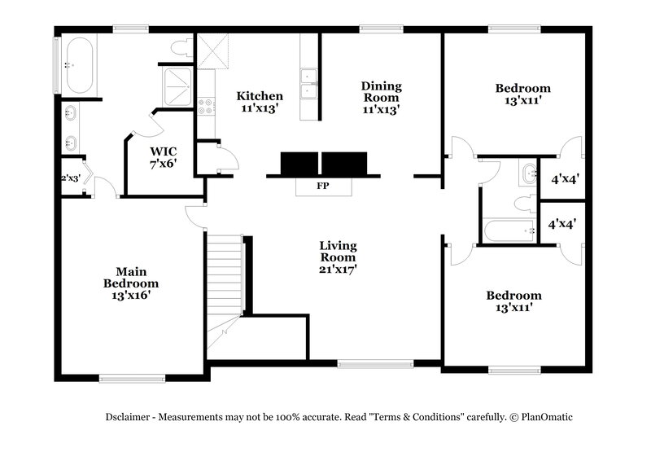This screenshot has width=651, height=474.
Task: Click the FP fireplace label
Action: [x=322, y=186]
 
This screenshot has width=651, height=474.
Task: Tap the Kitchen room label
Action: [x=260, y=96]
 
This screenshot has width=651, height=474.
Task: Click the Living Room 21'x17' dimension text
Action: [x=338, y=267]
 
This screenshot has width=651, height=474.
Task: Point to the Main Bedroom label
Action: [x=130, y=278]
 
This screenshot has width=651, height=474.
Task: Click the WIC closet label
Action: [x=163, y=151]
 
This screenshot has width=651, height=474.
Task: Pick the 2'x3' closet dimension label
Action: [x=70, y=178]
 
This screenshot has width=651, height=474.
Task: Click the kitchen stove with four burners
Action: [x=206, y=107]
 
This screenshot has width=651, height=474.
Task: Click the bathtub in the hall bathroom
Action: [x=508, y=231]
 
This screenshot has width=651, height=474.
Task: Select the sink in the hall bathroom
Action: [x=528, y=173]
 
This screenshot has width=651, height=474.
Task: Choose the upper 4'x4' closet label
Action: [x=565, y=178]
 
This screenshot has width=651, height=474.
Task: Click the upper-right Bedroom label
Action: [x=522, y=88]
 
